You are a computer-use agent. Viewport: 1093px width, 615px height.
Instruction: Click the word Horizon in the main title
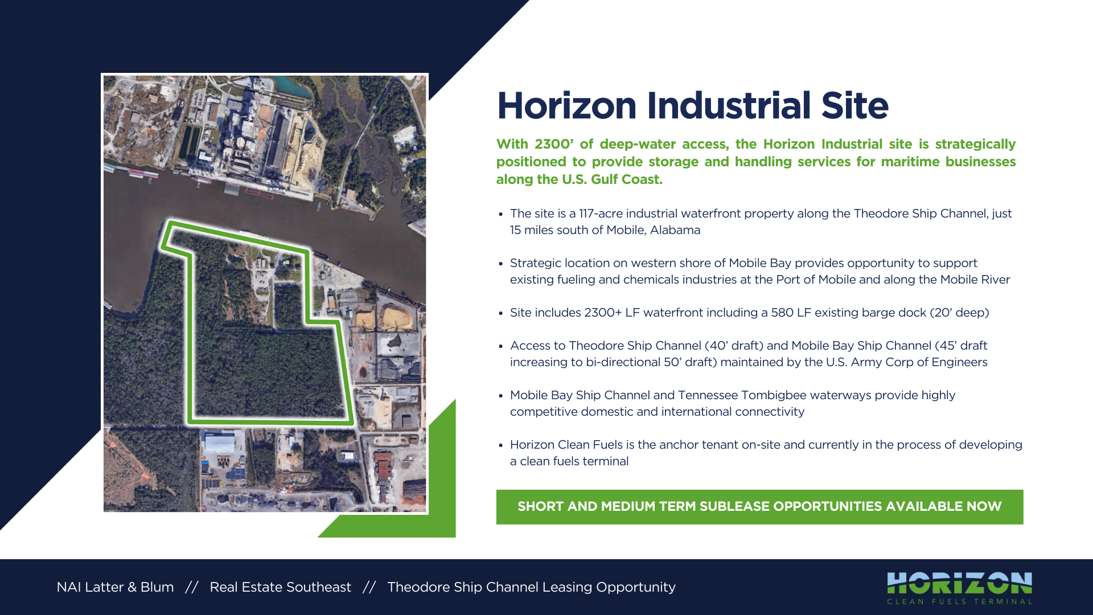[x=566, y=106]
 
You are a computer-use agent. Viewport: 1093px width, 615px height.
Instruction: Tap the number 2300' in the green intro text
[x=554, y=144]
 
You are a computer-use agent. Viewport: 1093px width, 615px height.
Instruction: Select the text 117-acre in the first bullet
[x=599, y=214]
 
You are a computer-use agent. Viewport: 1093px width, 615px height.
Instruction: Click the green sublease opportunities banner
[x=759, y=507]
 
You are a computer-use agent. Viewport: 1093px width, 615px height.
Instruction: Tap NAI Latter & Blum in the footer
[x=115, y=587]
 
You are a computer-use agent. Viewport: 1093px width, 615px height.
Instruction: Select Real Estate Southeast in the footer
[x=280, y=587]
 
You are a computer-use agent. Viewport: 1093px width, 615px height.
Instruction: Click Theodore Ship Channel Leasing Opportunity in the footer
[x=531, y=588]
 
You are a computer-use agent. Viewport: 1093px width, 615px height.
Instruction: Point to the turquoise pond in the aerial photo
[x=293, y=87]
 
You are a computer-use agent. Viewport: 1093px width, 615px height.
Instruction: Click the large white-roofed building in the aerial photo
[x=220, y=444]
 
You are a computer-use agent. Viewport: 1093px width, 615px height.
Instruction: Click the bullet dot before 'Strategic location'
[x=500, y=264]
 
